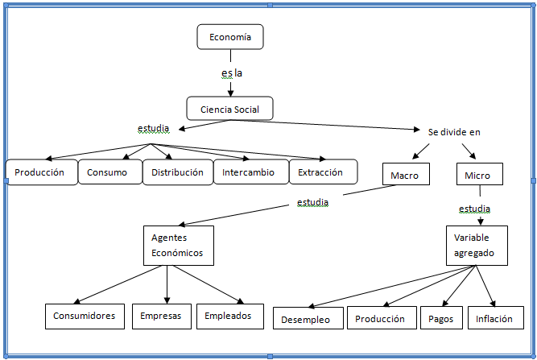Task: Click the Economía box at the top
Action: point(230,37)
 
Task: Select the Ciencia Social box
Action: point(229,108)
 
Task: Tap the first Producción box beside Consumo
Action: point(40,172)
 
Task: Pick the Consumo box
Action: point(108,172)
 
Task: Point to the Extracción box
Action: point(320,172)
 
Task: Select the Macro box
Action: point(405,174)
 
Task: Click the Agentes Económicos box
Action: point(178,245)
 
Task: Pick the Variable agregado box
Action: point(477,246)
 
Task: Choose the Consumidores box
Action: point(85,316)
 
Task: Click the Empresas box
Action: point(161,316)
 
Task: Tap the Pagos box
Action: point(440,319)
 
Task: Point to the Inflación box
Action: point(494,319)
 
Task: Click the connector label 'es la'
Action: point(232,73)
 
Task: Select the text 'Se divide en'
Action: point(454,131)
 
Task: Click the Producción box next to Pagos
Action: point(381,319)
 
